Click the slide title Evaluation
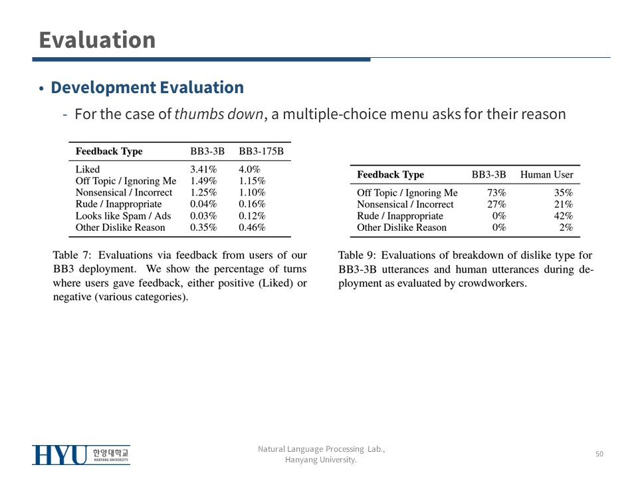[x=97, y=40]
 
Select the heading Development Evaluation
[x=147, y=88]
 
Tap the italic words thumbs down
[x=219, y=114]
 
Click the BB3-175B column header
[x=261, y=152]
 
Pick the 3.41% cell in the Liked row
[x=203, y=170]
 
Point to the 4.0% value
[x=249, y=170]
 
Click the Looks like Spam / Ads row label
[x=123, y=216]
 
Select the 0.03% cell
[x=203, y=216]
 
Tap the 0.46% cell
[x=252, y=228]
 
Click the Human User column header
[x=546, y=175]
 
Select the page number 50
[x=599, y=454]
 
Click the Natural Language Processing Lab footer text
[x=321, y=450]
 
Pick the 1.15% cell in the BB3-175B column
[x=252, y=181]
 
